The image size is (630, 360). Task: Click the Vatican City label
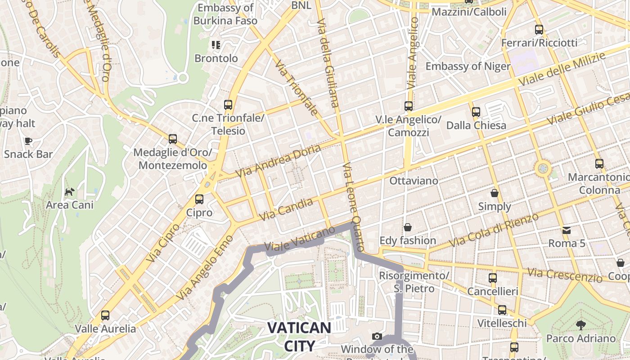tap(299, 336)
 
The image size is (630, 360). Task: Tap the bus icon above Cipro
tap(199, 199)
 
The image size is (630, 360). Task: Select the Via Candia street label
tap(286, 210)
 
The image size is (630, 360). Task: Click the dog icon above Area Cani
tap(70, 192)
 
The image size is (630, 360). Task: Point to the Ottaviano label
tap(414, 181)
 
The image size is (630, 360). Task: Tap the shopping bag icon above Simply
tap(495, 193)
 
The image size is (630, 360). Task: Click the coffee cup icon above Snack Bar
tap(28, 141)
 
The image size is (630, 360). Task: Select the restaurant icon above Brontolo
tap(216, 45)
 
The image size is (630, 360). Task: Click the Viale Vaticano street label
tap(300, 238)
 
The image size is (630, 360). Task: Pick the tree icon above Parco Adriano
tap(581, 325)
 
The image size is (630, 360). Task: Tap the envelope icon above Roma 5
tap(566, 230)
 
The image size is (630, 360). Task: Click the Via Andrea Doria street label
tap(279, 161)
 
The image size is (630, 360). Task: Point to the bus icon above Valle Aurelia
tap(105, 315)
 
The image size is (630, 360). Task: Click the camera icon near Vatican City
tap(377, 336)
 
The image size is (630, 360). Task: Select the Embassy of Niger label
tap(468, 67)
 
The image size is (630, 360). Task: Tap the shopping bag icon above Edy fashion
tap(408, 227)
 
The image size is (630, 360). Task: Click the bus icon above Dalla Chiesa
tap(476, 112)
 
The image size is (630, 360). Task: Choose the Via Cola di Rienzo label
tap(494, 230)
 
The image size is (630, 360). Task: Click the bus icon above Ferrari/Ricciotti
tap(539, 30)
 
